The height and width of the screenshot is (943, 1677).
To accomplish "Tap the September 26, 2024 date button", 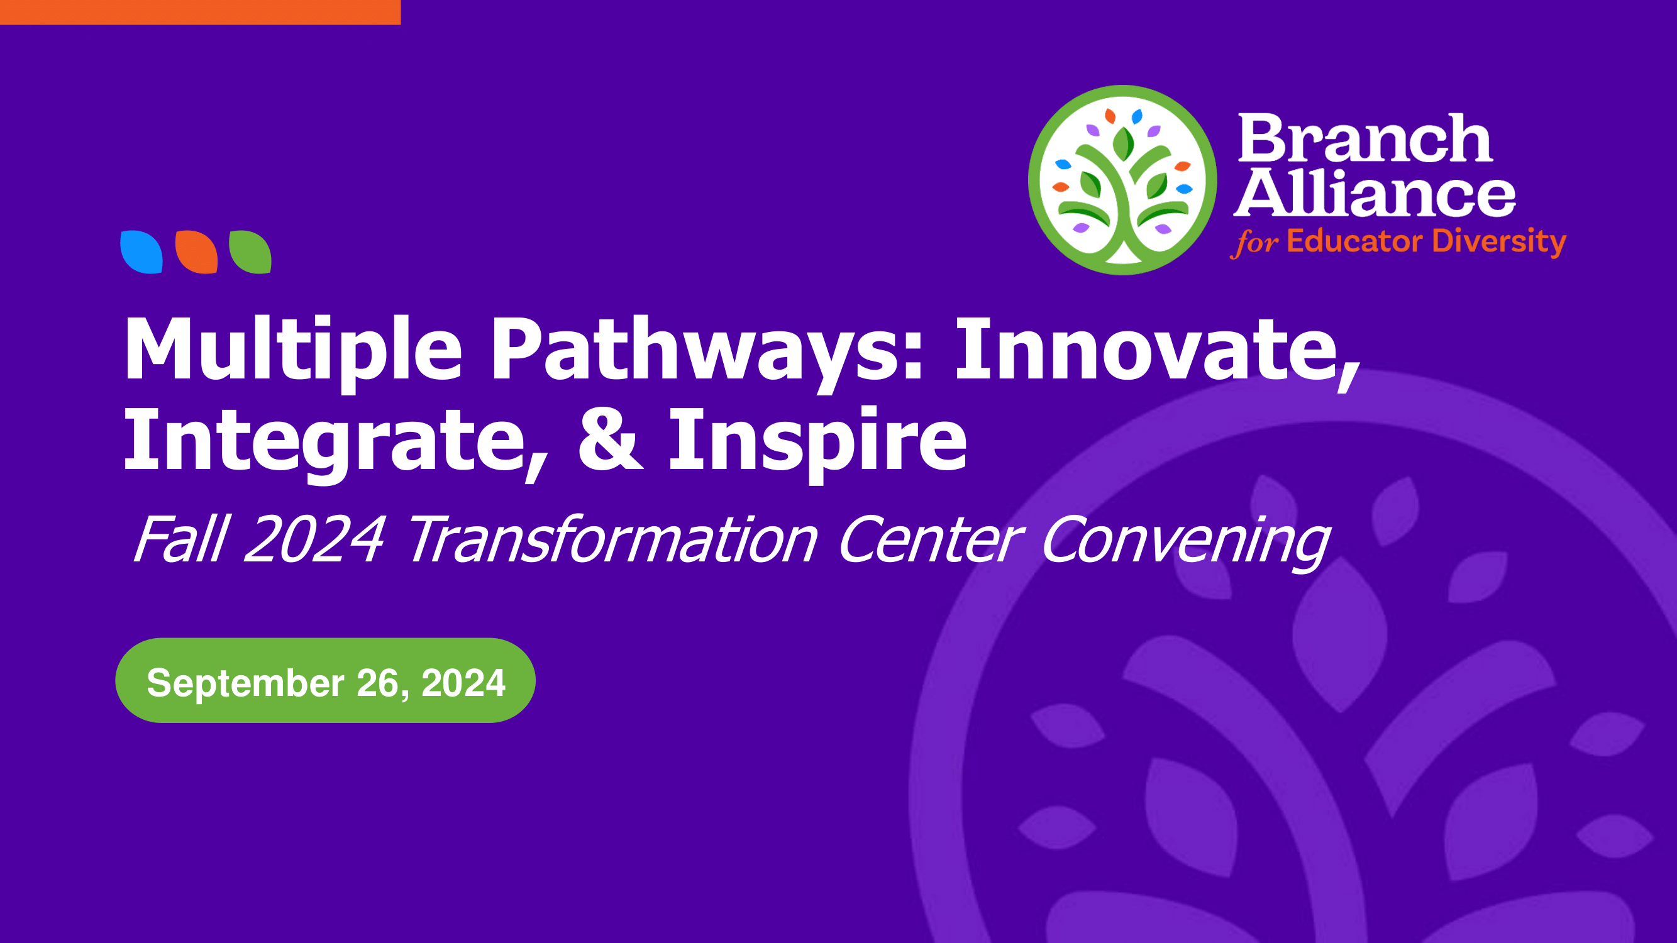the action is tap(326, 680).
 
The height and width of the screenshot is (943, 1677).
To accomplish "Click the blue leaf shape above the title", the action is tap(141, 252).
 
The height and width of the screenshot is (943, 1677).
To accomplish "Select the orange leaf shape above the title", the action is tap(196, 252).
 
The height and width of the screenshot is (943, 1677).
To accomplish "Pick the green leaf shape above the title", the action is tap(250, 252).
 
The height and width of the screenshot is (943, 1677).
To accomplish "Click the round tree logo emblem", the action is tap(1122, 180).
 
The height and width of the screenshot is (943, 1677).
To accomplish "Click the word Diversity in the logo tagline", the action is tap(1498, 243).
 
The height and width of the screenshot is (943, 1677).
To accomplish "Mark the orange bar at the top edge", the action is tap(200, 13).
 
